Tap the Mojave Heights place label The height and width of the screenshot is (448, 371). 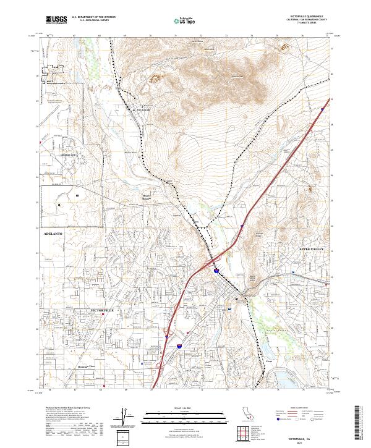pyautogui.click(x=143, y=197)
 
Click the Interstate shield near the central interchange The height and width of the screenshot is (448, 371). pyautogui.click(x=216, y=271)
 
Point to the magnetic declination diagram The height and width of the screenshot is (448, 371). pyautogui.click(x=123, y=416)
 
